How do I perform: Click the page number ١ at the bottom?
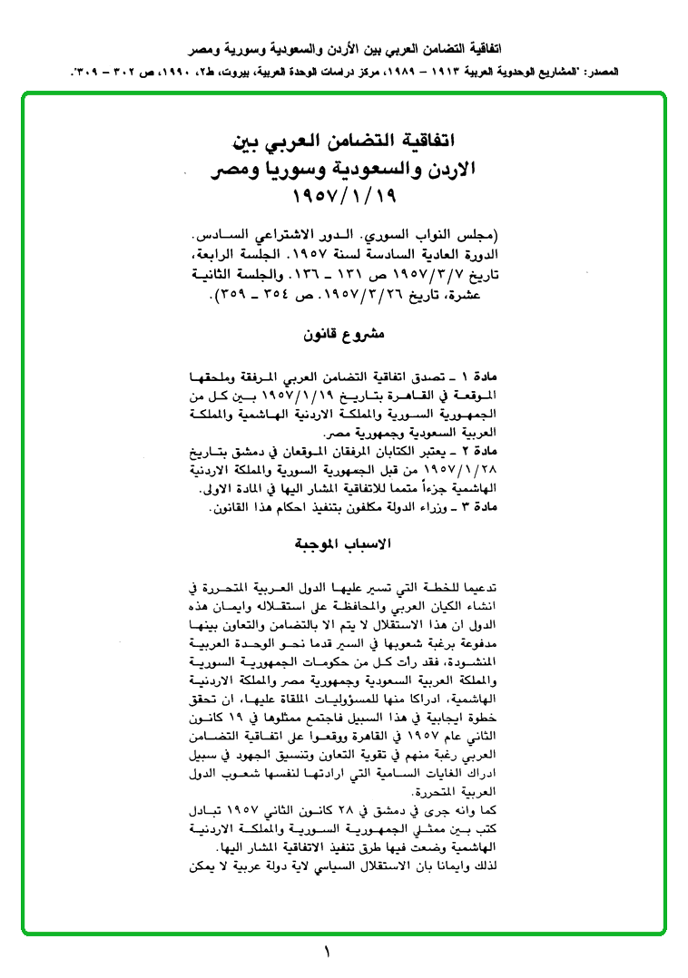pyautogui.click(x=327, y=952)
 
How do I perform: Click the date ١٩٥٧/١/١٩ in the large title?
pyautogui.click(x=345, y=196)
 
